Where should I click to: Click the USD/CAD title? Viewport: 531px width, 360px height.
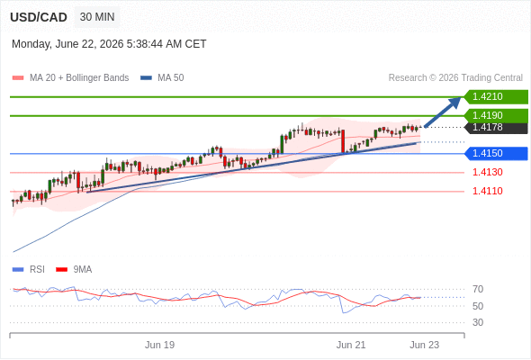(x=39, y=17)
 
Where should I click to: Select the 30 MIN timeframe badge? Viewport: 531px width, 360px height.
(x=97, y=17)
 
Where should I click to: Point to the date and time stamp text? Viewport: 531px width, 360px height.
(x=109, y=44)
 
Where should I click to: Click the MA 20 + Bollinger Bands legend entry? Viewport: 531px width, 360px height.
(x=70, y=78)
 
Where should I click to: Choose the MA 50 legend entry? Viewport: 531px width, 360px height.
(x=162, y=78)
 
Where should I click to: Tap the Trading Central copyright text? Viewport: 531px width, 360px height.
(x=455, y=78)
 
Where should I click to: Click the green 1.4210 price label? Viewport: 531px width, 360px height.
(x=496, y=97)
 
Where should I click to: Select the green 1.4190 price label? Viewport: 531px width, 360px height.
(x=496, y=115)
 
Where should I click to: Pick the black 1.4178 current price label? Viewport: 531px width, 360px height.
(x=496, y=128)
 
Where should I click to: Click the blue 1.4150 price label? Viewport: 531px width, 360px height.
(x=496, y=153)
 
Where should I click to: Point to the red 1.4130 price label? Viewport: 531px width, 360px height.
(x=488, y=173)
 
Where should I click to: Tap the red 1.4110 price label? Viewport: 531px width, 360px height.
(x=488, y=192)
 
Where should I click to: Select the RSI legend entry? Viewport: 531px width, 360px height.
(x=29, y=270)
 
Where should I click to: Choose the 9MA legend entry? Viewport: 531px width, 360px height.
(x=74, y=270)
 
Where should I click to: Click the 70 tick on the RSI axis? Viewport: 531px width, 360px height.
(x=478, y=289)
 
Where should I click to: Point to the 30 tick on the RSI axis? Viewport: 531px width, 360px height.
(x=478, y=322)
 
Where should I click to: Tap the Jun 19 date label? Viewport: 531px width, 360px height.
(x=160, y=345)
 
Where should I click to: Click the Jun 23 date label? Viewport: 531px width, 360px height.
(x=424, y=345)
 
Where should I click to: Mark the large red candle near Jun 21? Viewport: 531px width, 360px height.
(x=343, y=141)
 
